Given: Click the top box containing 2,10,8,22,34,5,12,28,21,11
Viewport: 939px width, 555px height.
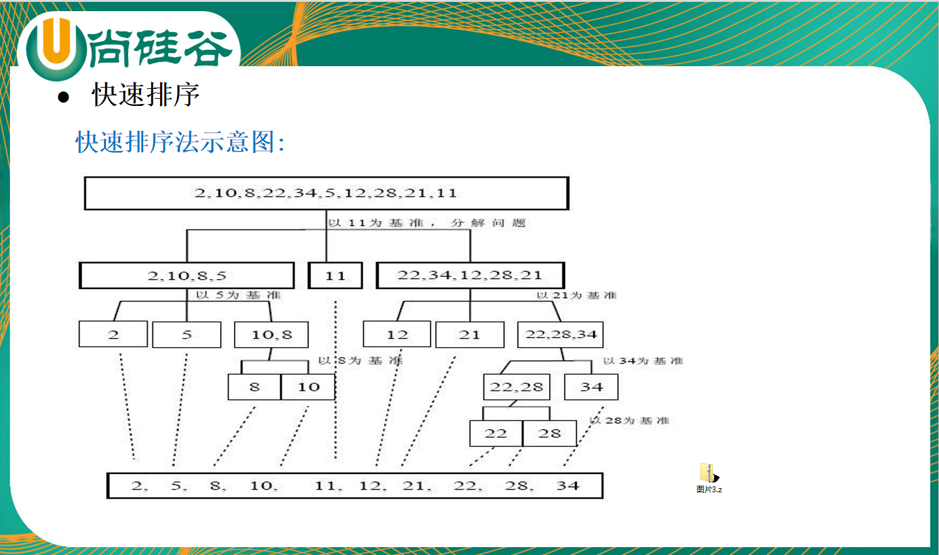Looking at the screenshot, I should pyautogui.click(x=326, y=193).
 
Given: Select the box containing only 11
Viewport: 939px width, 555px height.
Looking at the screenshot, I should pyautogui.click(x=335, y=275).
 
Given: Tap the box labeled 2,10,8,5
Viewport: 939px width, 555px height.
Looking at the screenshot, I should pyautogui.click(x=187, y=275).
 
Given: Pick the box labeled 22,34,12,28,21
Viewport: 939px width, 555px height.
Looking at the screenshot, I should pyautogui.click(x=470, y=275).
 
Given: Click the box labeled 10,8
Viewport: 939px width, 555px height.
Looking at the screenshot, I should pyautogui.click(x=271, y=335).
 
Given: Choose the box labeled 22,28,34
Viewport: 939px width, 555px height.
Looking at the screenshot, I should pyautogui.click(x=561, y=335).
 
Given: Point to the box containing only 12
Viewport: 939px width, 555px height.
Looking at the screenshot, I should pyautogui.click(x=397, y=335).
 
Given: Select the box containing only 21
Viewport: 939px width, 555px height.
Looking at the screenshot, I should pyautogui.click(x=469, y=335).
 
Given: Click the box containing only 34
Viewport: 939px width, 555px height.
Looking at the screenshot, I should pyautogui.click(x=591, y=387).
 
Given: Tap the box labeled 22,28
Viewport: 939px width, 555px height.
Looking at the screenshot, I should pyautogui.click(x=516, y=387).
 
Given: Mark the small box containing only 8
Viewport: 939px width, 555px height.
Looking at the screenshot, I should pyautogui.click(x=254, y=387).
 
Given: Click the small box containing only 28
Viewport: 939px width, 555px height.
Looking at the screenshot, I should pyautogui.click(x=550, y=433).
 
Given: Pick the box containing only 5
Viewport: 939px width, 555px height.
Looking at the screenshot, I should pyautogui.click(x=186, y=335).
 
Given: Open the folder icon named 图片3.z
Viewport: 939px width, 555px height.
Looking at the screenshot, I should pyautogui.click(x=708, y=474).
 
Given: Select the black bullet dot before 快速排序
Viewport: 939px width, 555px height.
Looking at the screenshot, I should pyautogui.click(x=63, y=97).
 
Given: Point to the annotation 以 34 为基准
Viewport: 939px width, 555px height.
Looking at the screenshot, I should pyautogui.click(x=643, y=361).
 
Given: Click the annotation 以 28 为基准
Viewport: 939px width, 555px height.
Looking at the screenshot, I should pyautogui.click(x=630, y=420).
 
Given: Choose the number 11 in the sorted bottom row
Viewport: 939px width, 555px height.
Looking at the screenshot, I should pyautogui.click(x=325, y=486).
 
